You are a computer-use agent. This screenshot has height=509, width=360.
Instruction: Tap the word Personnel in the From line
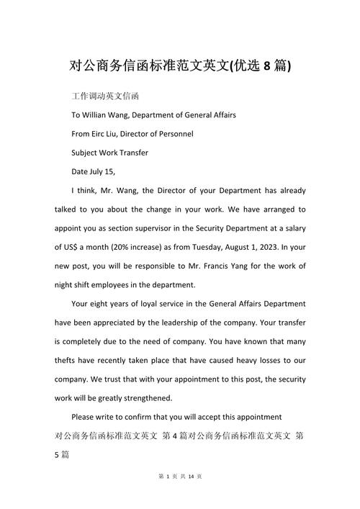(x=173, y=133)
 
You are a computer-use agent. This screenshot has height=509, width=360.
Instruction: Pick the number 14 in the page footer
(x=189, y=496)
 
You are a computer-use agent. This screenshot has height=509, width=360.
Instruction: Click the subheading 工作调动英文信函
(x=105, y=96)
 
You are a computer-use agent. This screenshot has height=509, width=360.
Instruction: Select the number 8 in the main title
(x=268, y=66)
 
